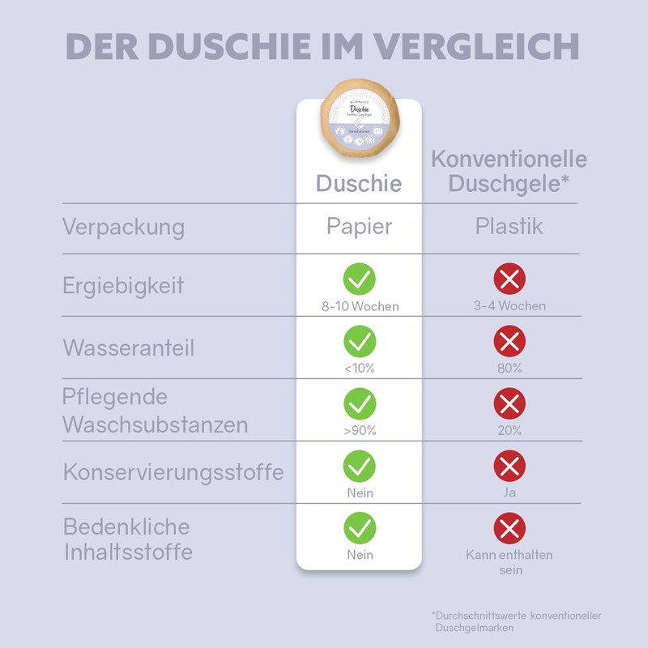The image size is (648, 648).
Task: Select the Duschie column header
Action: (358, 184)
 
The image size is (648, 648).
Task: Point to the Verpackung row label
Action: (123, 227)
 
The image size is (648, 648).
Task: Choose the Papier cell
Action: (358, 226)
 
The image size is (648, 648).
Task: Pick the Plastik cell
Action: (509, 226)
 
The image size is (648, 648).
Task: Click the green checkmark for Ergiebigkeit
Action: (359, 279)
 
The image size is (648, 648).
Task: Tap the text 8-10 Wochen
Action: (359, 306)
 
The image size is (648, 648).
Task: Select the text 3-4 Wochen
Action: (509, 306)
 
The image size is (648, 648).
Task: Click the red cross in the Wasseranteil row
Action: (509, 342)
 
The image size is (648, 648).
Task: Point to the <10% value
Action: (359, 369)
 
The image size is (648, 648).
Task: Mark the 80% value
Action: (509, 369)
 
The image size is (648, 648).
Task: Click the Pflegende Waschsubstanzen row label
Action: (155, 411)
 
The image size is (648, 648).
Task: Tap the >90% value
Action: (359, 431)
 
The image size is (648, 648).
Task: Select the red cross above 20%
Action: (509, 403)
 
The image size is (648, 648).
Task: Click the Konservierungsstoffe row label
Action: (173, 471)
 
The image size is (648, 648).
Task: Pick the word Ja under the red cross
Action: (509, 492)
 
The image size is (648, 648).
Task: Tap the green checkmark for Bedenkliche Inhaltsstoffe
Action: (359, 528)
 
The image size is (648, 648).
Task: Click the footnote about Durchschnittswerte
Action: (516, 621)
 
